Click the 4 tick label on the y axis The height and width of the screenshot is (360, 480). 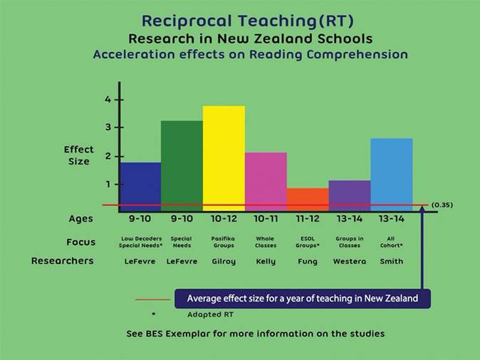[108, 100]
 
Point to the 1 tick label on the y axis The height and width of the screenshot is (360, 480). [108, 184]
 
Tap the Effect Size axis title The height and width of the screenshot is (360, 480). [78, 156]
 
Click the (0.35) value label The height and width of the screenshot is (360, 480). [442, 205]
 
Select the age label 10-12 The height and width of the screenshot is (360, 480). [224, 219]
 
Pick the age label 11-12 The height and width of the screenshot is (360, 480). [308, 219]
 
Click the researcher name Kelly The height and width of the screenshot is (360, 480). [266, 261]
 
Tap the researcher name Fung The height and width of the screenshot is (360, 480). [308, 261]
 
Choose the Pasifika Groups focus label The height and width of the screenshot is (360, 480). [224, 242]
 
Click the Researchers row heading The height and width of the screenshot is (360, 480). [62, 261]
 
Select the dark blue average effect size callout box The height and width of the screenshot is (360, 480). [303, 299]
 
